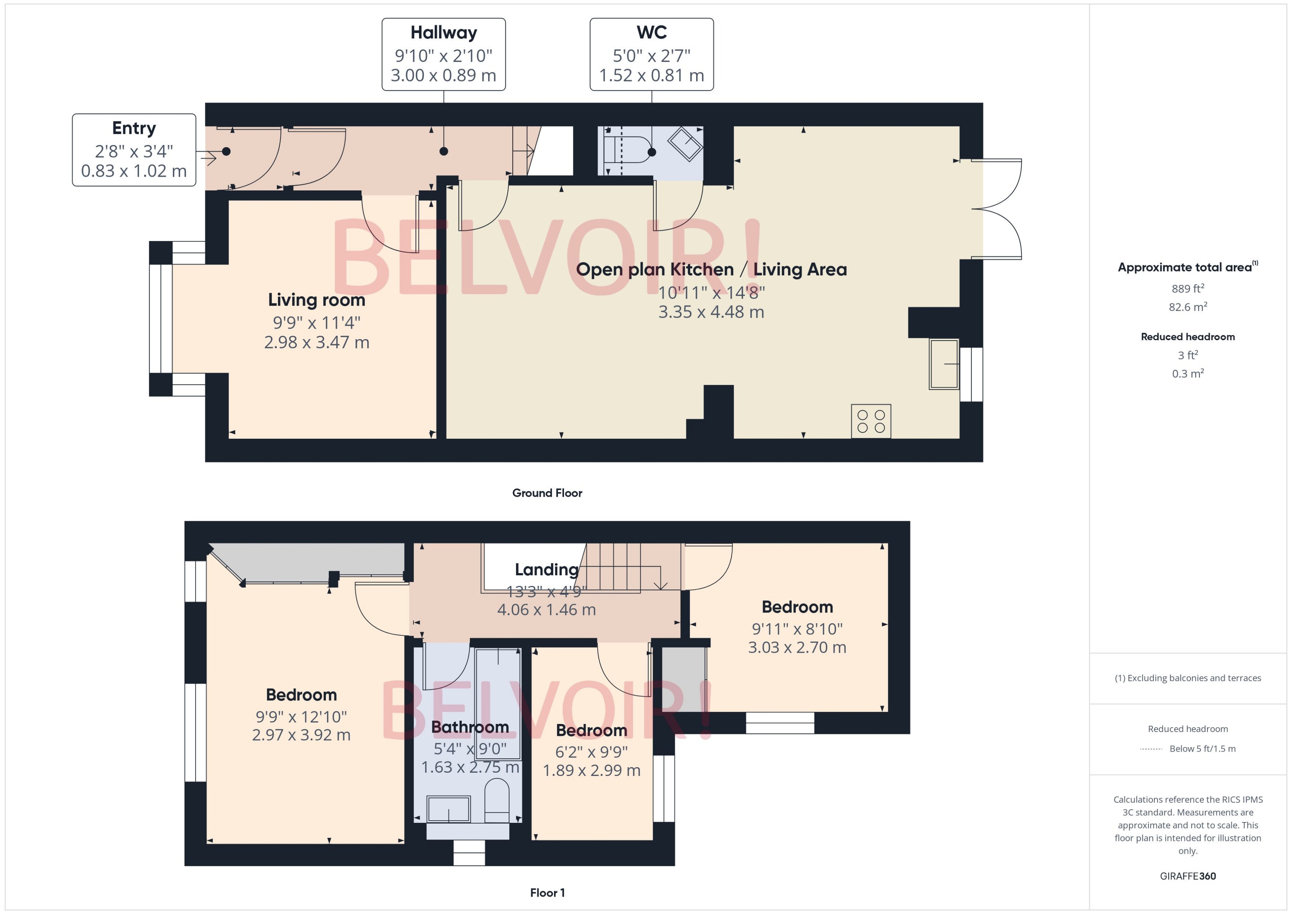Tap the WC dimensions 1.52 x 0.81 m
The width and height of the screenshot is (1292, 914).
[x=651, y=75]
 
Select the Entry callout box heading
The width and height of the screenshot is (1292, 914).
[x=134, y=128]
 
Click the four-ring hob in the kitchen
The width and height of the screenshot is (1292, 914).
[x=870, y=421]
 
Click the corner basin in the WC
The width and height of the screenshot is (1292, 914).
[x=685, y=144]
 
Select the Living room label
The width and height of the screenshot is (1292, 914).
[x=316, y=300]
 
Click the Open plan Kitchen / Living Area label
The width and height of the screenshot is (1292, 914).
[x=711, y=270]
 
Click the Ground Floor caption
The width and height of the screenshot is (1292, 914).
[x=547, y=493]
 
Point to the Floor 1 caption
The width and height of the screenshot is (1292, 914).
[x=547, y=893]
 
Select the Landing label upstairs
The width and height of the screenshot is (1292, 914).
[x=546, y=570]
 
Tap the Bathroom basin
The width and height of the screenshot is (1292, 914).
[x=448, y=809]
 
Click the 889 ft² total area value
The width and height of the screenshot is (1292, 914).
[x=1187, y=289]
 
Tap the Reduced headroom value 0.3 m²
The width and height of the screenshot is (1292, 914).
[x=1187, y=374]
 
